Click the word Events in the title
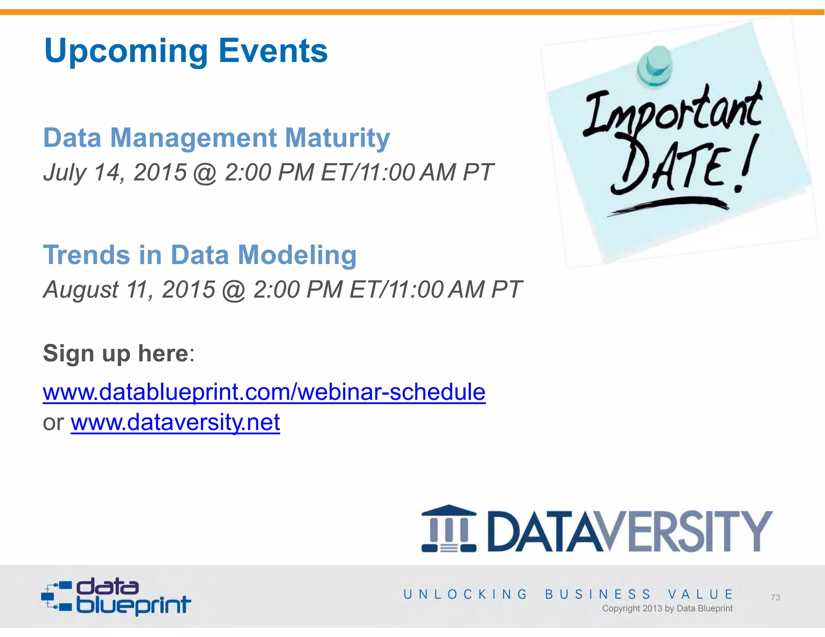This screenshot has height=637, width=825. (273, 51)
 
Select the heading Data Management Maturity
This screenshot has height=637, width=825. (216, 138)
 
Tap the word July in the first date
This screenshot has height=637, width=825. (64, 173)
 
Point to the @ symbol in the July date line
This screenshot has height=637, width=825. (205, 173)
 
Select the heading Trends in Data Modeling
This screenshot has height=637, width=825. (200, 255)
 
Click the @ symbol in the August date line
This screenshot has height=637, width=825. (234, 290)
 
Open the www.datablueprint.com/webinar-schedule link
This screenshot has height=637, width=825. (264, 392)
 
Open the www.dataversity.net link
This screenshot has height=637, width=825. (175, 422)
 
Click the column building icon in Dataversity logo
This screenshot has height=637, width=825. (449, 529)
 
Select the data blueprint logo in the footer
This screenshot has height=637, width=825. (116, 597)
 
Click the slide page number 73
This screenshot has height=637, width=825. (775, 598)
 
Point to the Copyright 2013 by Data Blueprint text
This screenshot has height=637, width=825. (667, 608)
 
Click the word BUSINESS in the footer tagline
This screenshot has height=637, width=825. (597, 594)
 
